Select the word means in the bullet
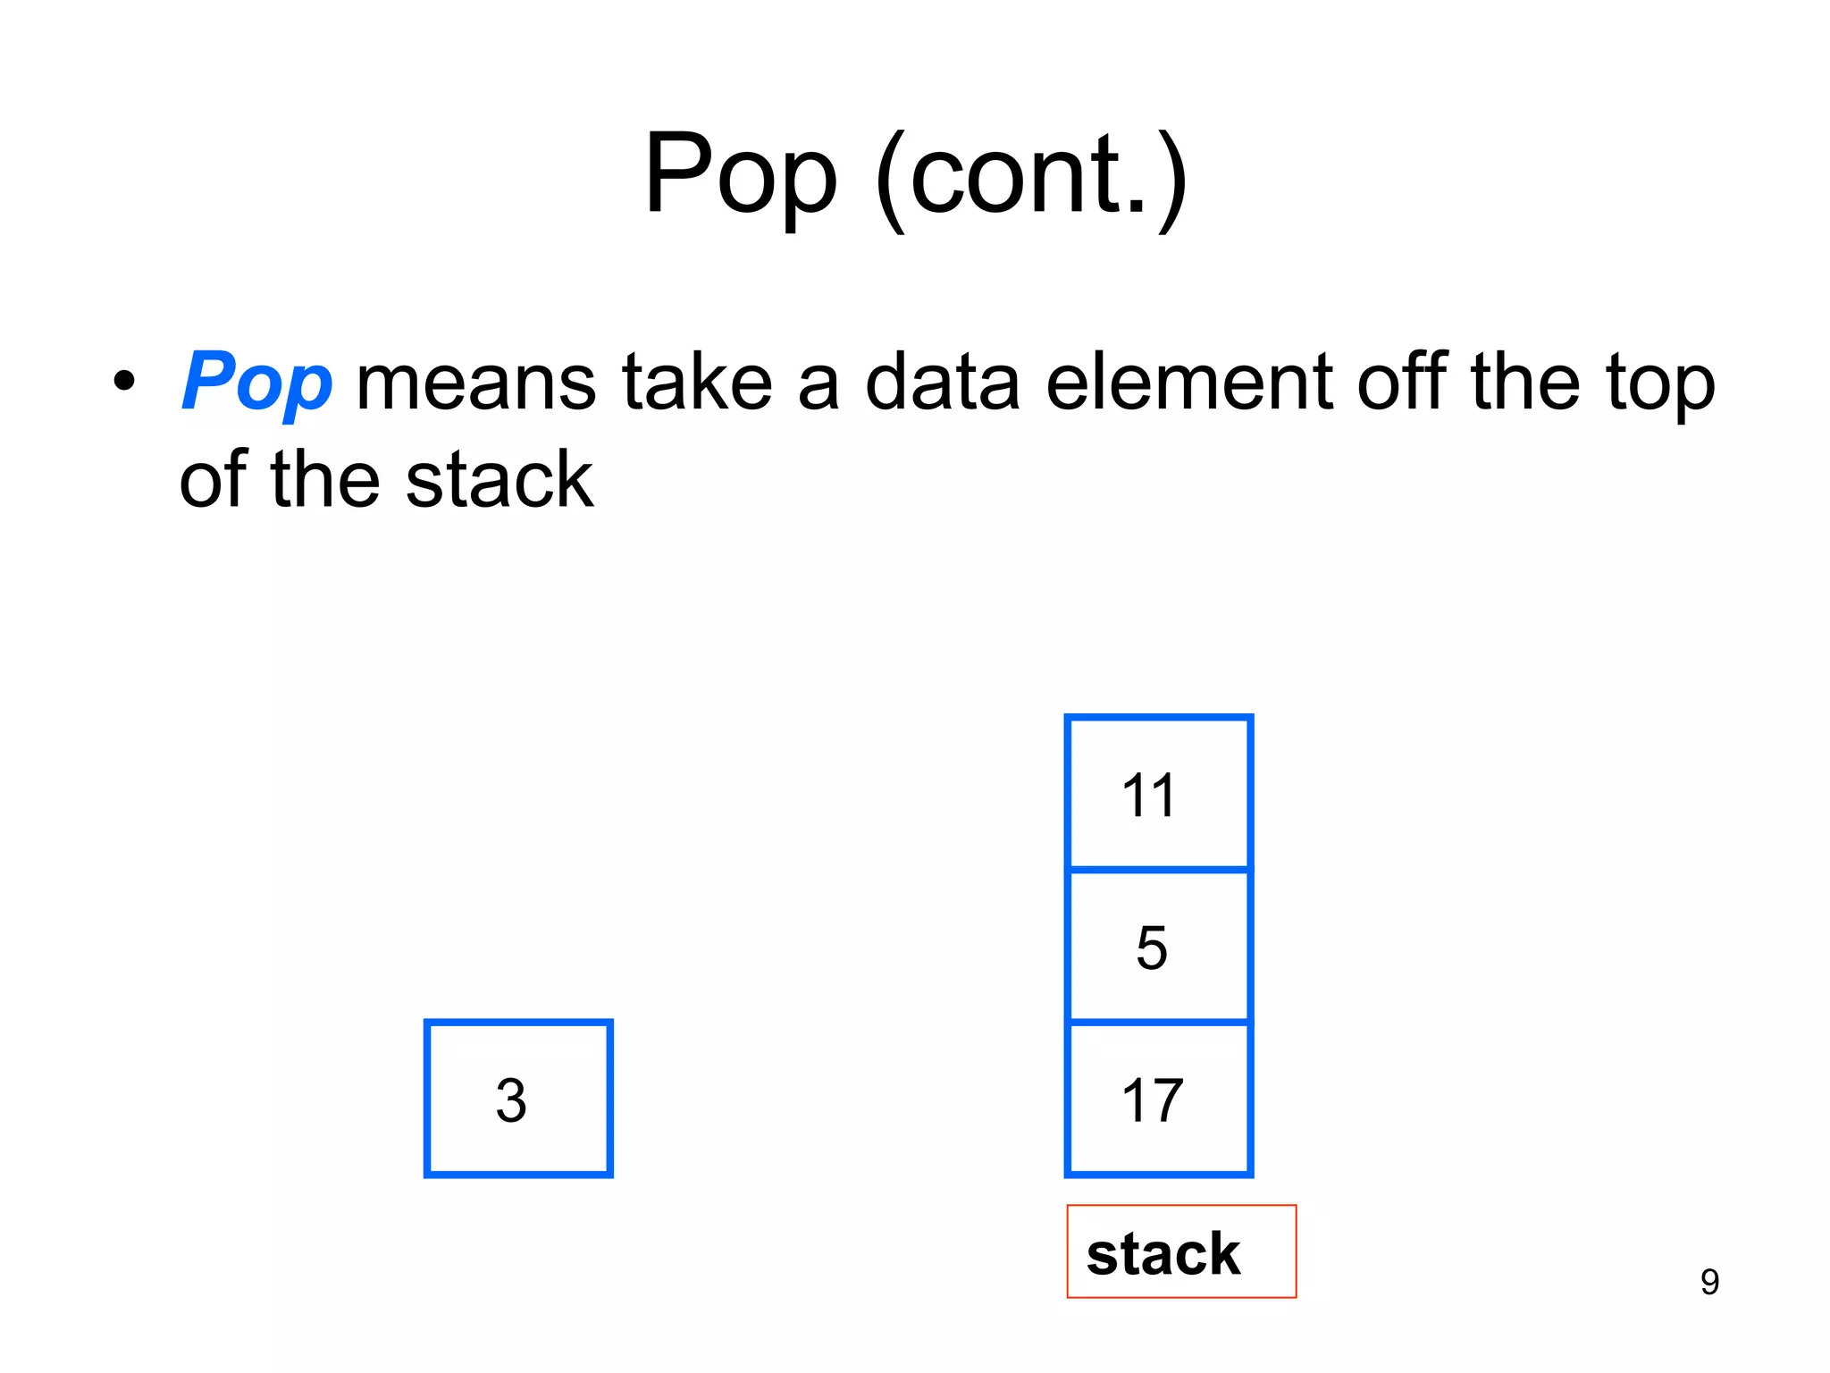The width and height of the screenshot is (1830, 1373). click(475, 383)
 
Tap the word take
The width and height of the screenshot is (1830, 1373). click(697, 383)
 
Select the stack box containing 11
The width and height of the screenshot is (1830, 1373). click(1158, 793)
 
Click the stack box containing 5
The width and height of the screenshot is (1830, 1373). click(1158, 946)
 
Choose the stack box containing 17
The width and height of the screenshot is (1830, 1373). click(1158, 1099)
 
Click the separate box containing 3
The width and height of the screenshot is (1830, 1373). click(518, 1099)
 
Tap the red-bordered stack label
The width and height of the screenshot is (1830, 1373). click(1180, 1251)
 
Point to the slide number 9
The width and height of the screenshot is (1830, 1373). click(1709, 1282)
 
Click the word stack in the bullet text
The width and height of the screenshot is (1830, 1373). click(499, 481)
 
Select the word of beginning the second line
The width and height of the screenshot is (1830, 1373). click(213, 481)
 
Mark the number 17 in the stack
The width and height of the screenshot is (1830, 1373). click(1153, 1100)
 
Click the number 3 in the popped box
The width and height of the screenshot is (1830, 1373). click(511, 1100)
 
